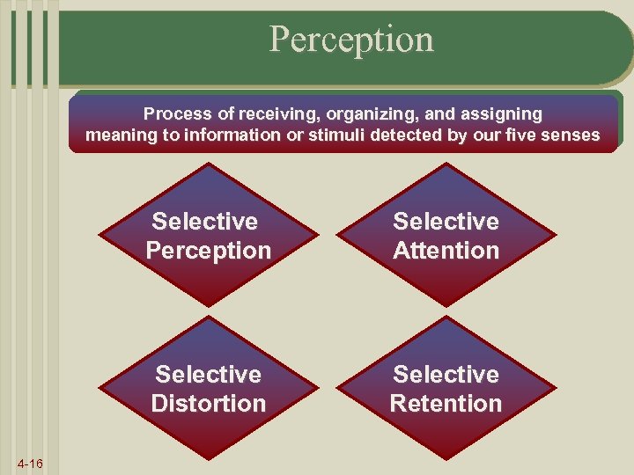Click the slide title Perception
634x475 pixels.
[x=351, y=40]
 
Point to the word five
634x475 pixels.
[x=523, y=136]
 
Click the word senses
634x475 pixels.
[x=572, y=136]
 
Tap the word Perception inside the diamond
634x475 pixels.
[x=209, y=251]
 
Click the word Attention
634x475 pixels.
[x=446, y=251]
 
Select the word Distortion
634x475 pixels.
[x=209, y=404]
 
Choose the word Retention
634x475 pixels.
[x=446, y=404]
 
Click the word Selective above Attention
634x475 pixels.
[x=446, y=222]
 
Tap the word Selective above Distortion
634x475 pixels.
[x=209, y=375]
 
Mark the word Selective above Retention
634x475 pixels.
[x=446, y=375]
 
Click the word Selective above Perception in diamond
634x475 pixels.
[x=205, y=222]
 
